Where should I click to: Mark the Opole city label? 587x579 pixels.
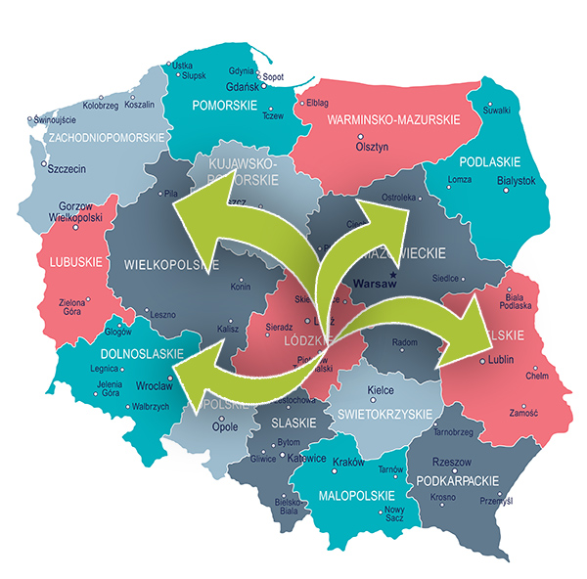coord(224,428)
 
